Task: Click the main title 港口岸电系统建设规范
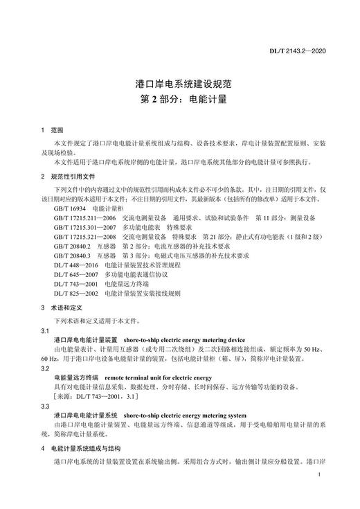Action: tap(179, 84)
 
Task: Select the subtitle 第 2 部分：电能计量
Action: tap(179, 100)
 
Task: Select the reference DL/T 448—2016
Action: tap(75, 265)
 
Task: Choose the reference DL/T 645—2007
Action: tap(75, 274)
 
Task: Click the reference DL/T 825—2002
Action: tap(75, 293)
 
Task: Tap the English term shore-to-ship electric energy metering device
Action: tap(184, 341)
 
